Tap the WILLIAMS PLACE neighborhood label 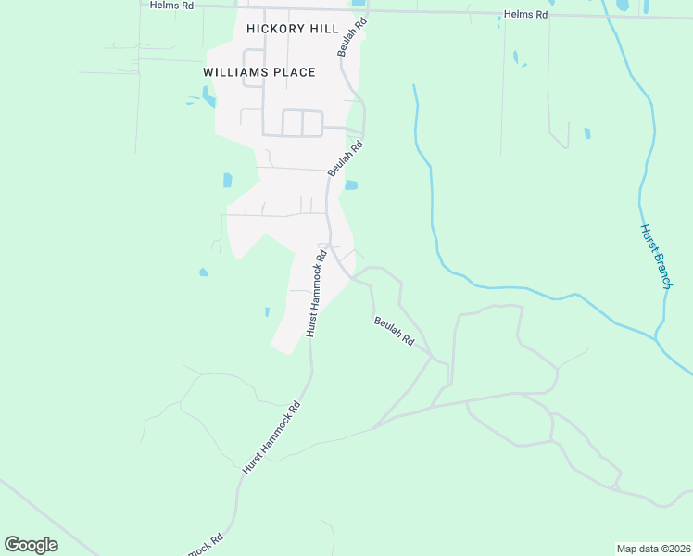259,72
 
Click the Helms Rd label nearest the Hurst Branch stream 525,15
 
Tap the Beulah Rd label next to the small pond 345,158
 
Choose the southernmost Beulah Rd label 394,331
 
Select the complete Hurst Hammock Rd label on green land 271,438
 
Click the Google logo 31,545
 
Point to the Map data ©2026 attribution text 653,549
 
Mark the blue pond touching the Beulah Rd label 351,185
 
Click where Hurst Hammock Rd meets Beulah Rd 331,246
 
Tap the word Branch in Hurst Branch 659,270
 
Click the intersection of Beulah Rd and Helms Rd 357,10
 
